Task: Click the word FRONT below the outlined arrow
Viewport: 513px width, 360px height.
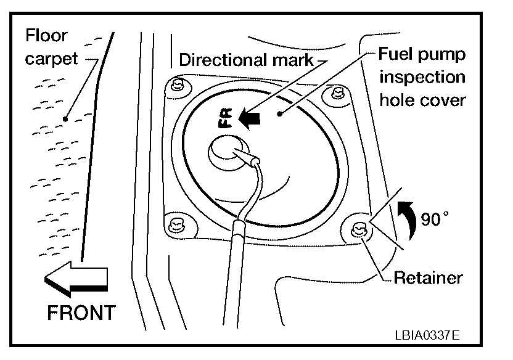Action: tap(81, 312)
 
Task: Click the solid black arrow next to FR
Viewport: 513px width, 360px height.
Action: tap(250, 118)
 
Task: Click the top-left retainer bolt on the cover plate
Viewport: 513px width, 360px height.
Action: tap(178, 84)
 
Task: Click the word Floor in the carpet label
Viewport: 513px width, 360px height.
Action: tap(47, 35)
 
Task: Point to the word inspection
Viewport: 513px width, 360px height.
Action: tap(422, 77)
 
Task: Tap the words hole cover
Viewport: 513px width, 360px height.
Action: tap(422, 100)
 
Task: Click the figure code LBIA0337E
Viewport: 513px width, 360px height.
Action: tap(428, 335)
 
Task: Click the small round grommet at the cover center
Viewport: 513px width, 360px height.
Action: tap(225, 152)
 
